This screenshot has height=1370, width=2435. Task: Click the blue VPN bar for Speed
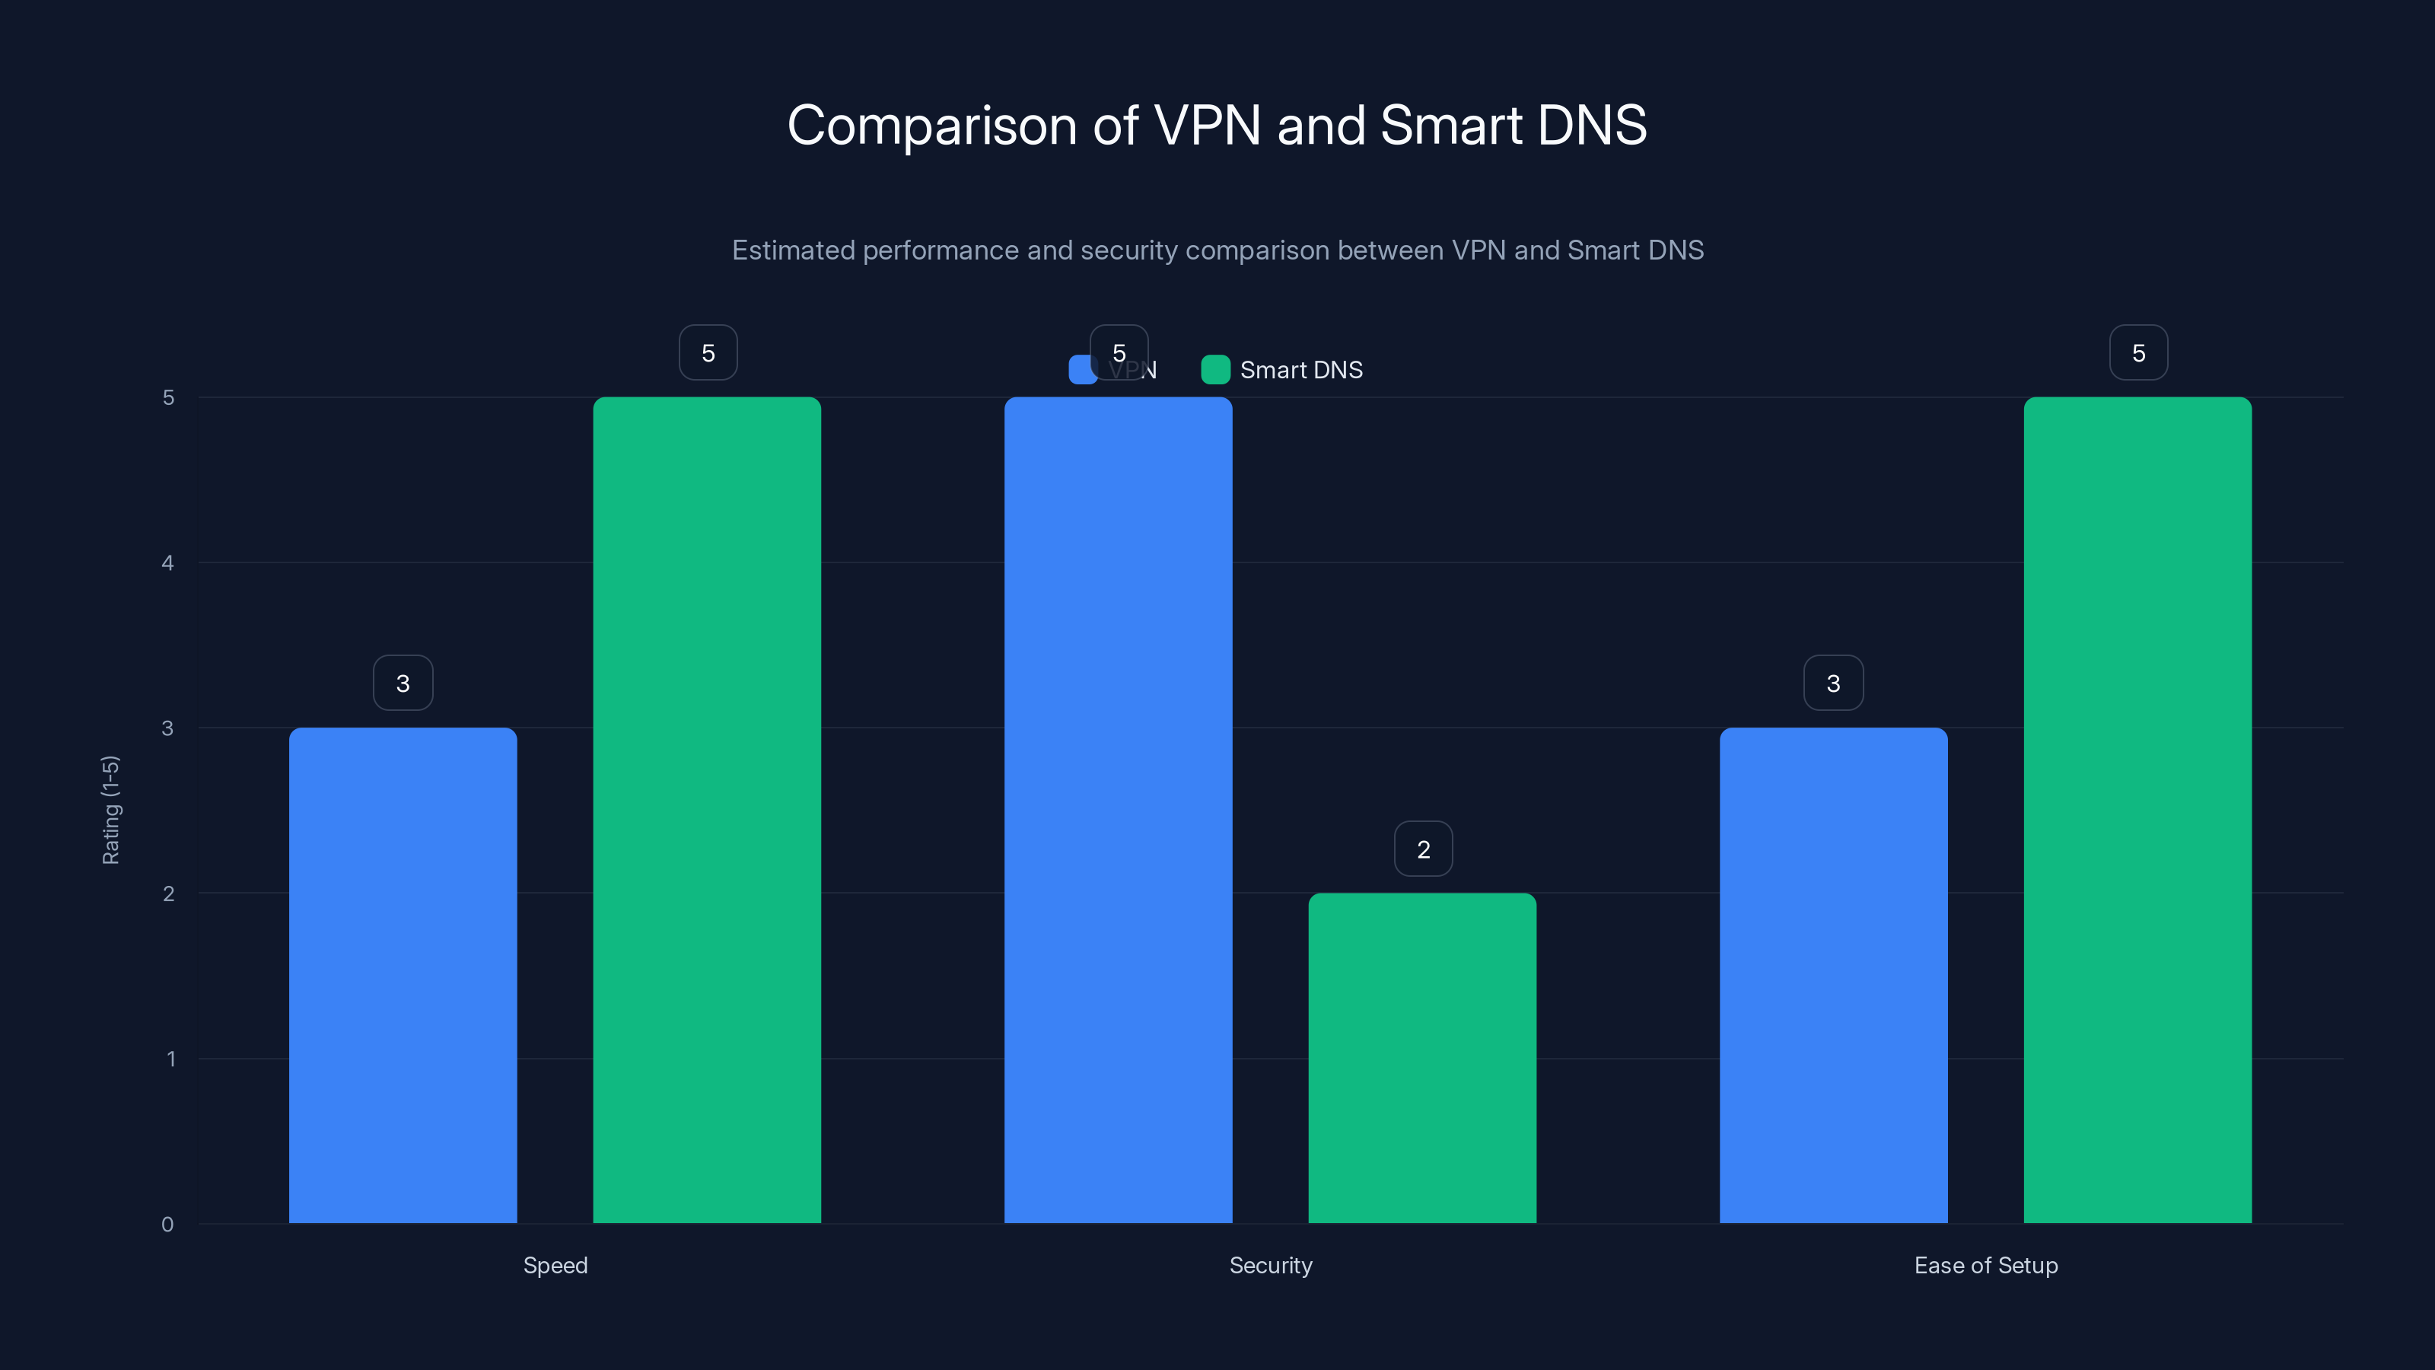click(x=403, y=974)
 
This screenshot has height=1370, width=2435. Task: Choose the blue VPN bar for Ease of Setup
click(x=1833, y=974)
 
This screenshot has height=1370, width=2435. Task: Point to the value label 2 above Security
click(x=1424, y=849)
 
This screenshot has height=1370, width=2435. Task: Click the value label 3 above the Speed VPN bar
click(x=403, y=683)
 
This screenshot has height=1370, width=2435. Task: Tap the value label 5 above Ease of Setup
click(x=2138, y=352)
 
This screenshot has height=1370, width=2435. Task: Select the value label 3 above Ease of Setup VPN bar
click(x=1833, y=683)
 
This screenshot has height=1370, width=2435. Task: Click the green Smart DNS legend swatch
click(x=1214, y=370)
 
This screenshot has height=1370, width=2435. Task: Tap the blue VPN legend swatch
click(x=1081, y=370)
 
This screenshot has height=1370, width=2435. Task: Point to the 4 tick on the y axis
click(x=168, y=562)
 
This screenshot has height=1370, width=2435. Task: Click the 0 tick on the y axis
click(x=168, y=1225)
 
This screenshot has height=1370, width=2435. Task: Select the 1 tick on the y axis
click(x=171, y=1059)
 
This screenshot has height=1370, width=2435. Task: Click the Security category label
click(x=1271, y=1265)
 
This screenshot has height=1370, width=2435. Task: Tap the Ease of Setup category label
click(x=1986, y=1265)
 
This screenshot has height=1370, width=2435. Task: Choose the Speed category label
click(x=555, y=1265)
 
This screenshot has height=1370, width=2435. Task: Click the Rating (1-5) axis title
click(x=110, y=809)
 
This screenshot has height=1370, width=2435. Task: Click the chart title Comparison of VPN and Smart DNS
click(x=1217, y=125)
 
